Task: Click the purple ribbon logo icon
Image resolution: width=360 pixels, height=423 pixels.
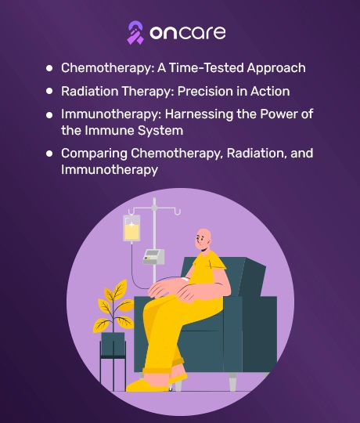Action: coord(135,33)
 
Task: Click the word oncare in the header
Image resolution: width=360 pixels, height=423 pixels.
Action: coord(188,33)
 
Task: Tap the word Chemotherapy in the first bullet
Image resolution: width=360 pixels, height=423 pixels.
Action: coord(108,68)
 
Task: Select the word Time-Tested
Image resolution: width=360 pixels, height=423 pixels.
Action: coord(207,67)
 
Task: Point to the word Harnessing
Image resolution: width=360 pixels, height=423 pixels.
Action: coord(199,114)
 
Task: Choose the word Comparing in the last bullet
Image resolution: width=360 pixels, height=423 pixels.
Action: coord(95,154)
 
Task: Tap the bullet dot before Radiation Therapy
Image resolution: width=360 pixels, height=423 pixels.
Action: coord(49,91)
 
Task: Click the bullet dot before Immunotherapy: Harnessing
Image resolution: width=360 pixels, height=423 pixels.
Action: coord(49,115)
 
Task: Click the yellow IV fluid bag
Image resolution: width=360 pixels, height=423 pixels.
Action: coord(131,228)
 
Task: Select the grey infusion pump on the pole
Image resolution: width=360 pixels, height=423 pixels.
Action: coord(153,257)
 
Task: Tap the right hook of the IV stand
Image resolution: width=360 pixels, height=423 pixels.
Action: coord(178,212)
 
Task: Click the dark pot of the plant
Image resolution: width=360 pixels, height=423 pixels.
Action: coord(113,344)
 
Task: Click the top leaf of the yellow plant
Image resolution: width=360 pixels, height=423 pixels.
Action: coord(120,287)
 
